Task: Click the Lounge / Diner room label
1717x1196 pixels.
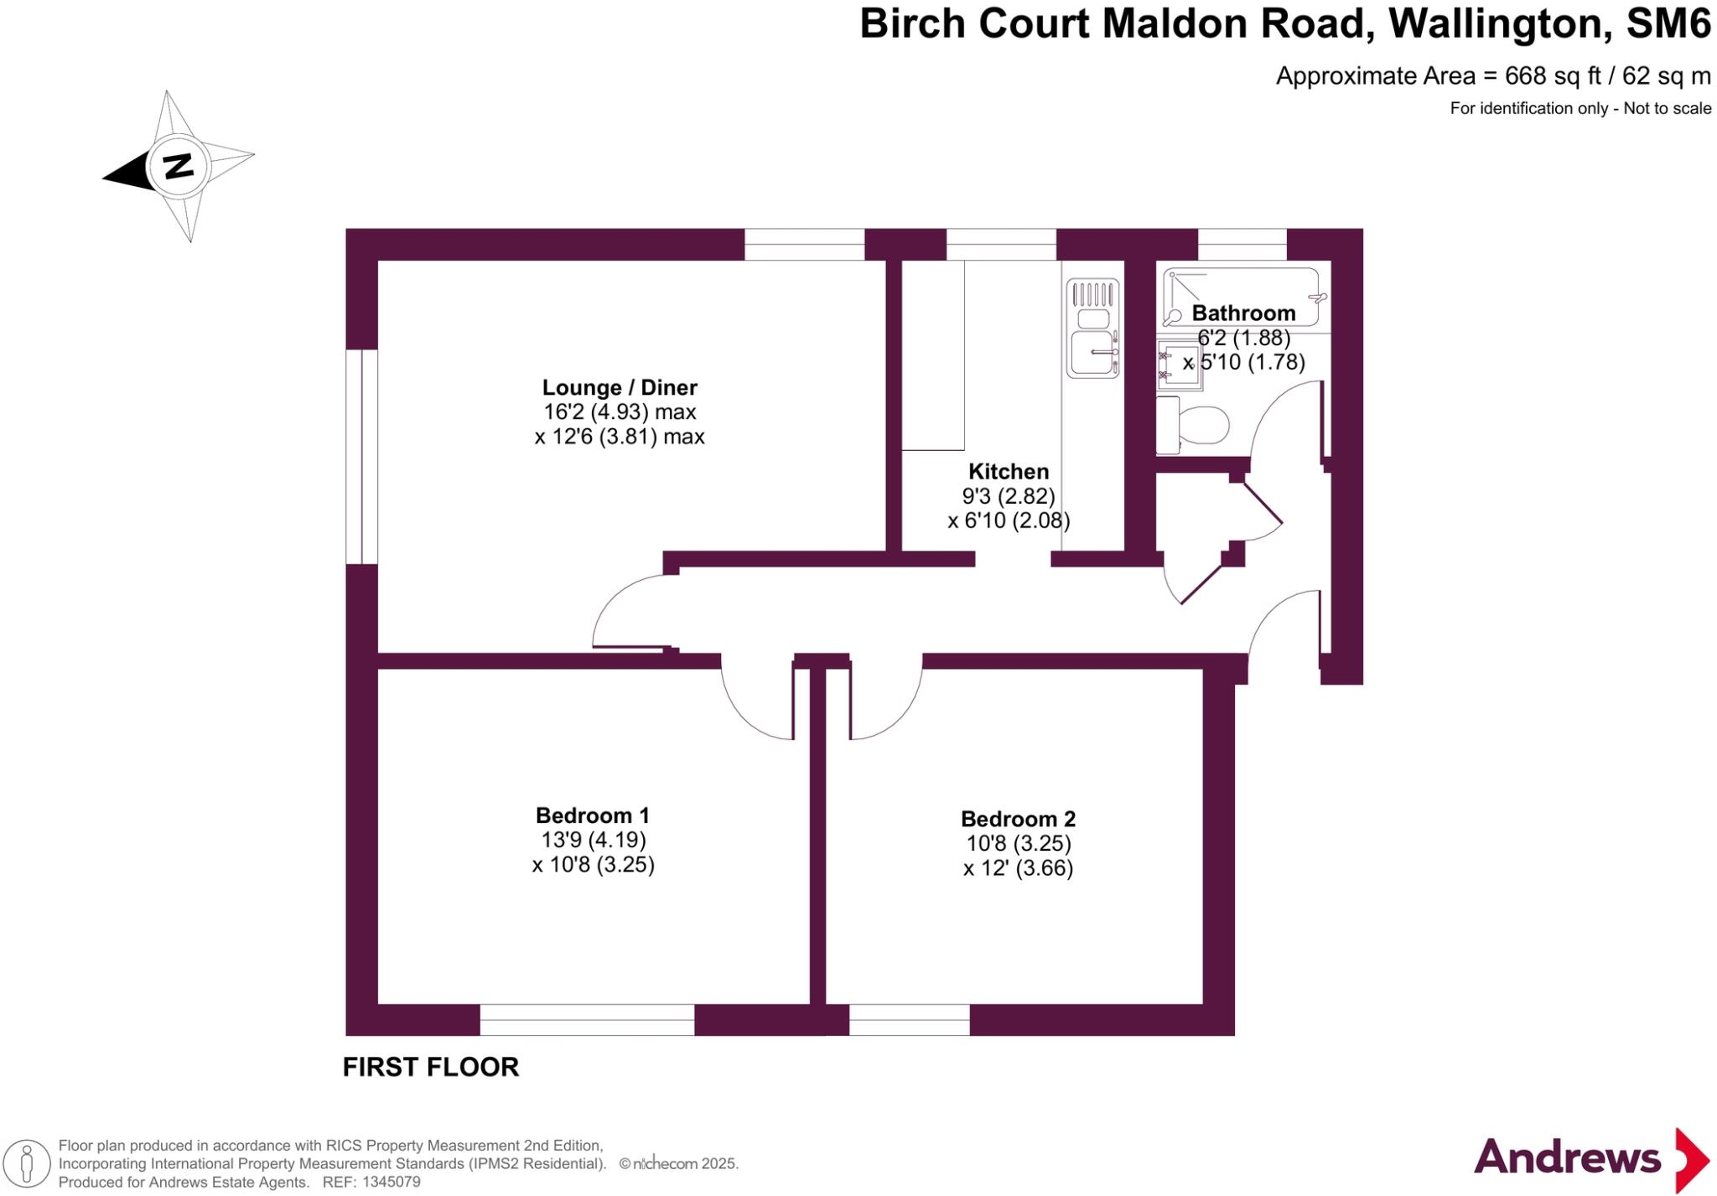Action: pyautogui.click(x=620, y=387)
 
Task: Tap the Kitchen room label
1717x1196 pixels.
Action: pyautogui.click(x=1009, y=471)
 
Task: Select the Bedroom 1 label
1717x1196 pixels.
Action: pyautogui.click(x=592, y=815)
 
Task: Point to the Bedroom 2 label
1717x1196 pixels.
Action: pyautogui.click(x=1018, y=819)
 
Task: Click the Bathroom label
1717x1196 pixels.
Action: pyautogui.click(x=1243, y=313)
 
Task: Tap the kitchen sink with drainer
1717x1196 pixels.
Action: pyautogui.click(x=1092, y=328)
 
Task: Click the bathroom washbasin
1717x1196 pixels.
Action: pyautogui.click(x=1180, y=365)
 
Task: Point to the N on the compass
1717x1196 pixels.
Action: pyautogui.click(x=178, y=166)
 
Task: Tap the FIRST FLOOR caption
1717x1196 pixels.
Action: pyautogui.click(x=431, y=1067)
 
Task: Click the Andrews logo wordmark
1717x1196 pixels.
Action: pyautogui.click(x=1566, y=1157)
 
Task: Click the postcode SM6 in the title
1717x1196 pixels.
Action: pyautogui.click(x=1668, y=23)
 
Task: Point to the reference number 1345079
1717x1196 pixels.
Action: pyautogui.click(x=391, y=1183)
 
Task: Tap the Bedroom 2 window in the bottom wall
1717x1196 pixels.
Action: pyautogui.click(x=910, y=1020)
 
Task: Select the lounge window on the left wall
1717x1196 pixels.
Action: pyautogui.click(x=361, y=457)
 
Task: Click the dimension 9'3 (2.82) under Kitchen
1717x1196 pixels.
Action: pyautogui.click(x=1009, y=496)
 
